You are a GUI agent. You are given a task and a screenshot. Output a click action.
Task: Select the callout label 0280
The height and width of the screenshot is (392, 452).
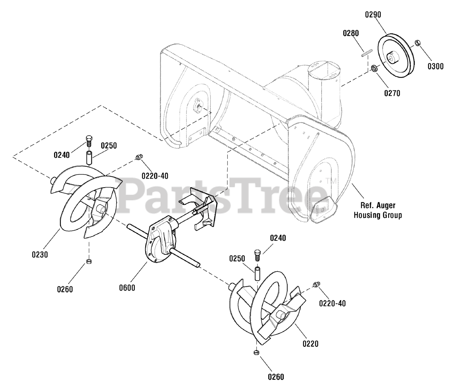[351, 33]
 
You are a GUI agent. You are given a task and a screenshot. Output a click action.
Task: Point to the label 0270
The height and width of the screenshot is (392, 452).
[392, 94]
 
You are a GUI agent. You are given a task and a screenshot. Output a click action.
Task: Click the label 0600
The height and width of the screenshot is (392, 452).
[127, 288]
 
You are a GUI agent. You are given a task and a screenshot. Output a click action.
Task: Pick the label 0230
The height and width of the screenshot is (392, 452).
[39, 254]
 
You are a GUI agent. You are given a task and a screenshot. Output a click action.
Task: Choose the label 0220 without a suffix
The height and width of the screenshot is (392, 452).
[310, 343]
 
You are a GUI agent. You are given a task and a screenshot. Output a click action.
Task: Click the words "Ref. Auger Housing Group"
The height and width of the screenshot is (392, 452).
[377, 210]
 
